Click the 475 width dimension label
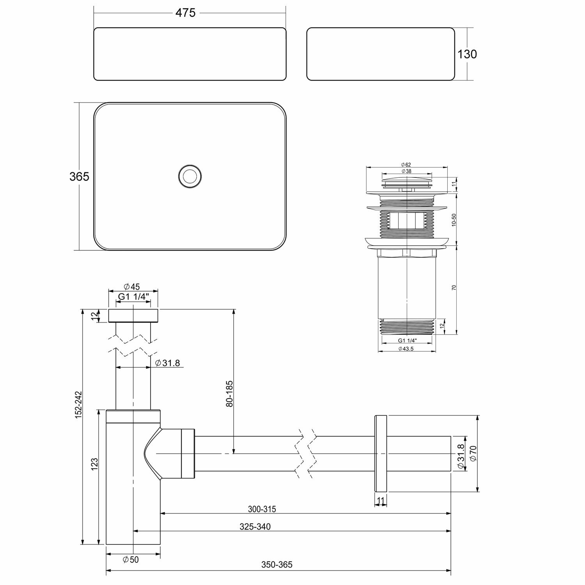click(185, 13)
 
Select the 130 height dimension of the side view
click(467, 54)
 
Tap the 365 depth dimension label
click(79, 177)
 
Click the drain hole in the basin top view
click(190, 176)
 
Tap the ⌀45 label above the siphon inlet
click(131, 287)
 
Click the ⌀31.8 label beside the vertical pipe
click(167, 363)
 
